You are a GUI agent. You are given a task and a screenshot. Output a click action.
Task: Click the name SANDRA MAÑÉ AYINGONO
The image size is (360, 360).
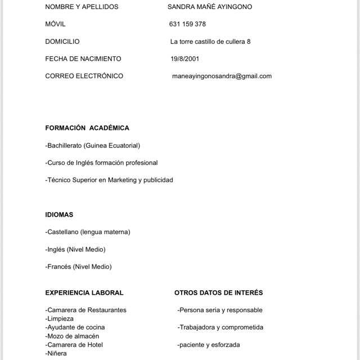coord(210,7)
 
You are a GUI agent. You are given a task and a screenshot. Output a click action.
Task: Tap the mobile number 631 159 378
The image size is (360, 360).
coord(187,24)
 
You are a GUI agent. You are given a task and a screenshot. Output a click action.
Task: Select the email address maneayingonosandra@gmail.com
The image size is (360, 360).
coord(222,76)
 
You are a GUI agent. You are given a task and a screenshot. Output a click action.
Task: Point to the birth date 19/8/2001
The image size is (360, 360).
coord(184,58)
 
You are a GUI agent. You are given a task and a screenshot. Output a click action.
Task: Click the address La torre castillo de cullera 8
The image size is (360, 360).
coord(210,42)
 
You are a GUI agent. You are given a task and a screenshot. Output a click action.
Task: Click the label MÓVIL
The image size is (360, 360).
coord(55,24)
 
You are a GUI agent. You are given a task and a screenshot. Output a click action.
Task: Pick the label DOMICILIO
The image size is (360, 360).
coord(62,42)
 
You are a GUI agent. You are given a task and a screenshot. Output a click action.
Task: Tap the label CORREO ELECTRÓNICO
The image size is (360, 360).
coord(84,76)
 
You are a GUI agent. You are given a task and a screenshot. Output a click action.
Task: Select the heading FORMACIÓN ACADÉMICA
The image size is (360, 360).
coord(87,128)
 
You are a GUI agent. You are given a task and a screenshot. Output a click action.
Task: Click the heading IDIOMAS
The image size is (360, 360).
coord(59,215)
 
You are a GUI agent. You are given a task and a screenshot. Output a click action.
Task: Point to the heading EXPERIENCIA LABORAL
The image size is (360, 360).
coord(84,292)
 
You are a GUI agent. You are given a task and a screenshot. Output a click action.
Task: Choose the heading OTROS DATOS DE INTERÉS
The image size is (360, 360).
coord(218,292)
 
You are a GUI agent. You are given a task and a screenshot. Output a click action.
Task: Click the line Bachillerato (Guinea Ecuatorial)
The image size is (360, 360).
coord(92,146)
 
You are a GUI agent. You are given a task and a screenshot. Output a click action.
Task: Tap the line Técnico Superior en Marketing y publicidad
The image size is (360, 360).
coord(109,180)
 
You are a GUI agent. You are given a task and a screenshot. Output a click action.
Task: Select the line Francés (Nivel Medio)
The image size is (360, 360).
coord(78,267)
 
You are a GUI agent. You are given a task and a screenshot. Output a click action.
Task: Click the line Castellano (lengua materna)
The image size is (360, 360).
coord(88,232)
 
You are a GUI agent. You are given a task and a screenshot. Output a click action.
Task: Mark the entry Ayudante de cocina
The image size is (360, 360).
coord(75,327)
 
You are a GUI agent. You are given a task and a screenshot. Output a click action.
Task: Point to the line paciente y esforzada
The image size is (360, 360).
coord(209,345)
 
